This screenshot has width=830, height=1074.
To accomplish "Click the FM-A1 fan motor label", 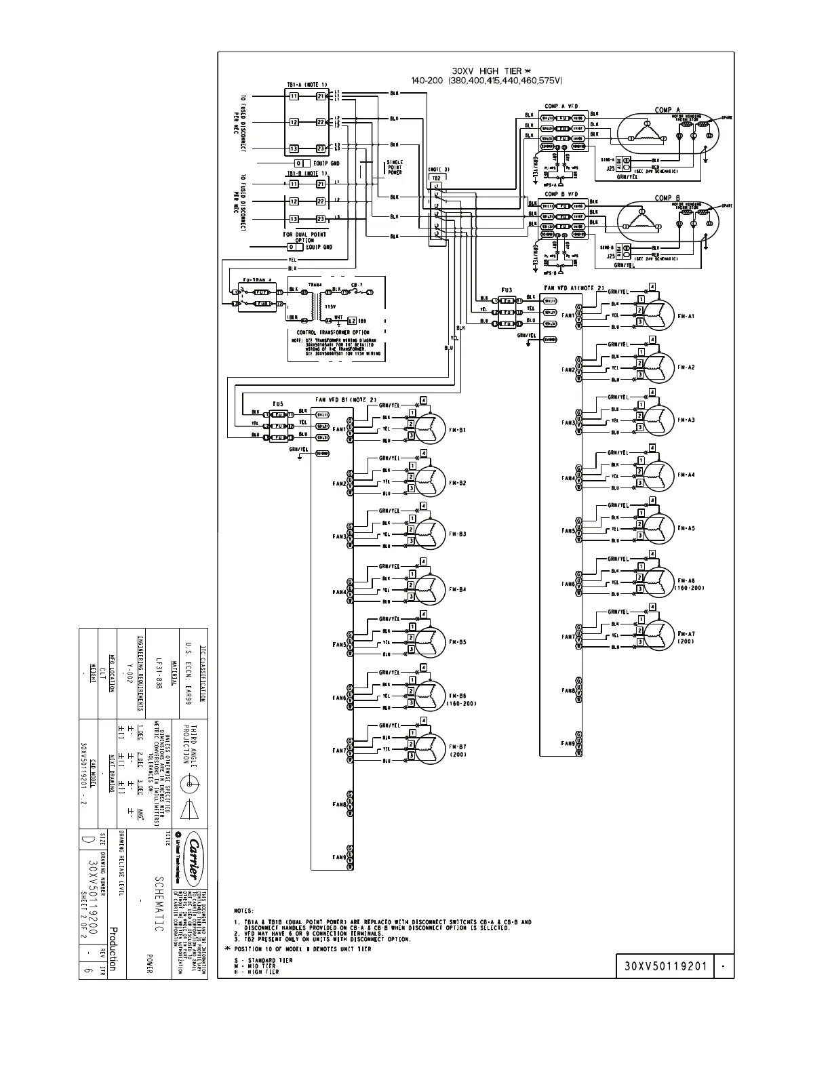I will point(686,316).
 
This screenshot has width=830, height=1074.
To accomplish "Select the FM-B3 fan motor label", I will point(458,534).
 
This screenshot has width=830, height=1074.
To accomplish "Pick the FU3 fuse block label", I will point(507,290).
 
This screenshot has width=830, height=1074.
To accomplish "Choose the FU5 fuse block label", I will point(278,403).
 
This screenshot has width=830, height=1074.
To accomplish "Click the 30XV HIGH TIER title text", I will point(487,71).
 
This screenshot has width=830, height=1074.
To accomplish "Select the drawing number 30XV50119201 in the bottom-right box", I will point(665,966).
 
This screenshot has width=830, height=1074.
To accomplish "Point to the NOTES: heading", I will point(243,911).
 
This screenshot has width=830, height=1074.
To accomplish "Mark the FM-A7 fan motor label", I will point(686,634).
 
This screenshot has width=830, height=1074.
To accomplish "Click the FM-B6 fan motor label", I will point(458,696).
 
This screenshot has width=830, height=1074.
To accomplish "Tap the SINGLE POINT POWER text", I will point(394,167).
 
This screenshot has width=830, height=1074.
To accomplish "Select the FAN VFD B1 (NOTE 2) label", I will point(345,399).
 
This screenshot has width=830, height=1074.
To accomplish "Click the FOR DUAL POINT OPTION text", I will point(304,237).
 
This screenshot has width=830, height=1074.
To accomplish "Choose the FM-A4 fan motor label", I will point(686,475).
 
